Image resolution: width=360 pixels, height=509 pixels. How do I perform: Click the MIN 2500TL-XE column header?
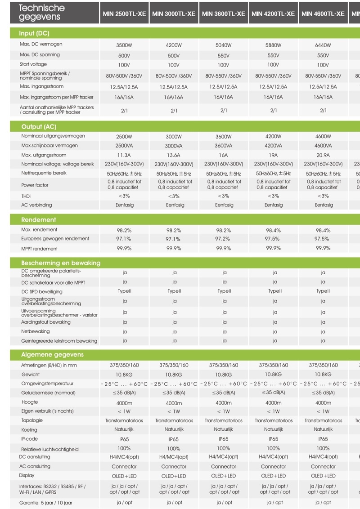[124, 13]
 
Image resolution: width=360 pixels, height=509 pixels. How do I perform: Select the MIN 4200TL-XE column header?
[273, 13]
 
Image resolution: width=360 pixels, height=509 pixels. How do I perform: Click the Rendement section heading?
[39, 220]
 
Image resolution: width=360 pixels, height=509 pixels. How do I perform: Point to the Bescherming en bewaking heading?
[61, 263]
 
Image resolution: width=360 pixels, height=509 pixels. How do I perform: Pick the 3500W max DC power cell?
[124, 45]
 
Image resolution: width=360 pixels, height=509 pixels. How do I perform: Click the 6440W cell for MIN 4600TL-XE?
[323, 45]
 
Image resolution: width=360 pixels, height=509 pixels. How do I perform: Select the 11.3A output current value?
[124, 155]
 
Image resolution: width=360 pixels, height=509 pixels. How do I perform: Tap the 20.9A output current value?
[323, 155]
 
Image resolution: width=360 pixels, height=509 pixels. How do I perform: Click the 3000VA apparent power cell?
[174, 146]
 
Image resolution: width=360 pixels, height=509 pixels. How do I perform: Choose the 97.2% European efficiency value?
[224, 239]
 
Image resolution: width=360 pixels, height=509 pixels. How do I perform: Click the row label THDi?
[27, 196]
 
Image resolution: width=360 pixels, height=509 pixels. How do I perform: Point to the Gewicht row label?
[31, 374]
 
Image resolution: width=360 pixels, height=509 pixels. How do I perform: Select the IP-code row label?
[30, 439]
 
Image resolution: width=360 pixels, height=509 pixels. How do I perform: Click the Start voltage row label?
[33, 64]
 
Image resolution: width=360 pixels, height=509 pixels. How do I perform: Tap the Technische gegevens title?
[41, 13]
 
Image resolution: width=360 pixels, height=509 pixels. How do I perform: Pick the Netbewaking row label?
[36, 331]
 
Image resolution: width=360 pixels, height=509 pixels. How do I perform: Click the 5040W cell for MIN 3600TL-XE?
[224, 45]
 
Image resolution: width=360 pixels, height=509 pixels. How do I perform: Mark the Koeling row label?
[29, 429]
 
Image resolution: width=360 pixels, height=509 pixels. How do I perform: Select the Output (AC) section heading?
[39, 127]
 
